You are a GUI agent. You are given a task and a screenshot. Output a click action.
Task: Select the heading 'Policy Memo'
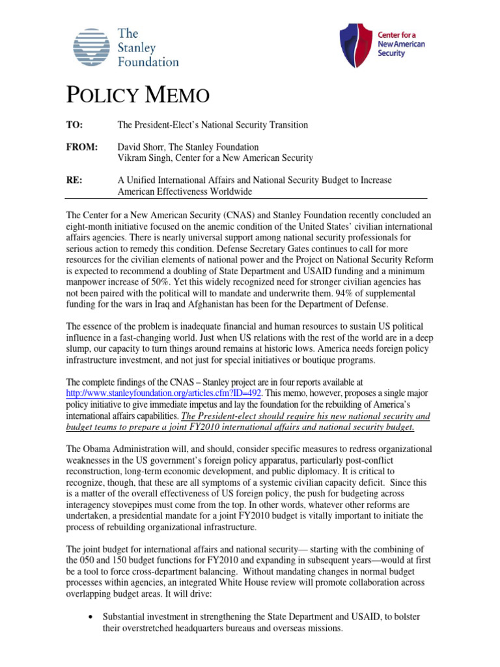[138, 96]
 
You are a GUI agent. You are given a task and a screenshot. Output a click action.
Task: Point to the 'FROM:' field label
[82, 147]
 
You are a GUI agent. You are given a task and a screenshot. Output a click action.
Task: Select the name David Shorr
[141, 147]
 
